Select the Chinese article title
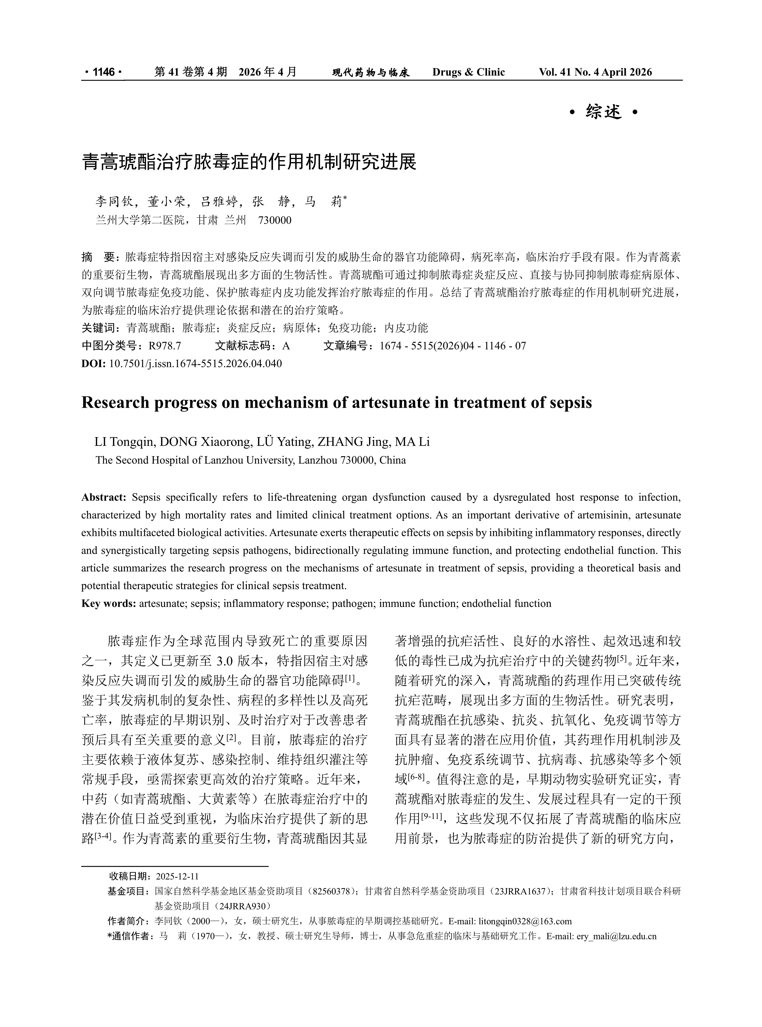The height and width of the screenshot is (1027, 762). (249, 162)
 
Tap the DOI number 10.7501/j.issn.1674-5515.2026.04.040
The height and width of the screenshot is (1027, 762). (195, 363)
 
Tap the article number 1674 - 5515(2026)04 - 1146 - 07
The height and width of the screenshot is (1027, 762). (452, 346)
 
